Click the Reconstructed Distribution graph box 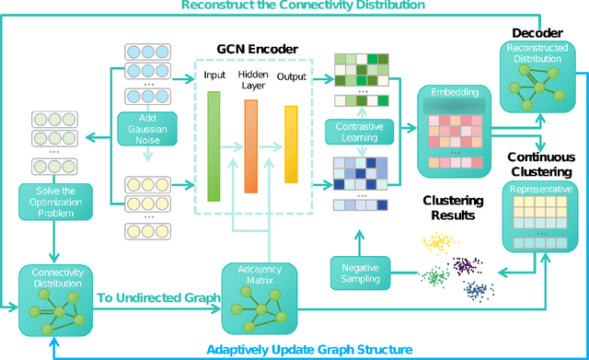[x=536, y=75]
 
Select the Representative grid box [x=536, y=215]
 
